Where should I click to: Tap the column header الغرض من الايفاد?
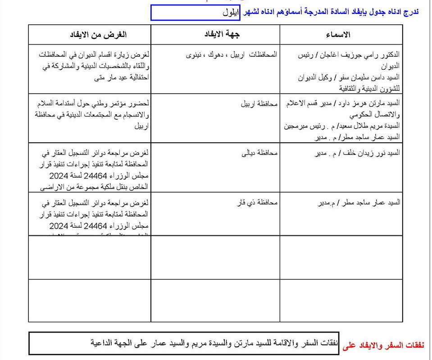[x=98, y=35]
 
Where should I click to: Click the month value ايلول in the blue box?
[x=232, y=12]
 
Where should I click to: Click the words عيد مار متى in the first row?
[x=111, y=77]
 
